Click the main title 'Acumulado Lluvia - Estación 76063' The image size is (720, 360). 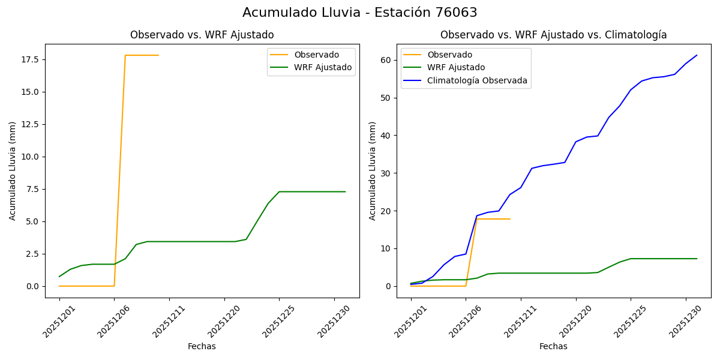click(x=360, y=13)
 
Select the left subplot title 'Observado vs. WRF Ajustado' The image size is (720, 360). click(x=202, y=35)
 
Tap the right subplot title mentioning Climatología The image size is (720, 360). click(x=553, y=35)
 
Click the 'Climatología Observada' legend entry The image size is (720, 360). click(x=477, y=80)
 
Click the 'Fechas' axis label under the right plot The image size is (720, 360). click(x=553, y=346)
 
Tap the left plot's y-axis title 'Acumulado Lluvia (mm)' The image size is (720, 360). click(x=13, y=170)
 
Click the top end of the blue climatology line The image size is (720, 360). click(x=697, y=55)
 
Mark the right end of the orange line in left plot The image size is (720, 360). click(x=158, y=55)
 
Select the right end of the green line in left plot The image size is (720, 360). click(x=345, y=191)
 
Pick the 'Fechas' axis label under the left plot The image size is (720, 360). click(x=202, y=346)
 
